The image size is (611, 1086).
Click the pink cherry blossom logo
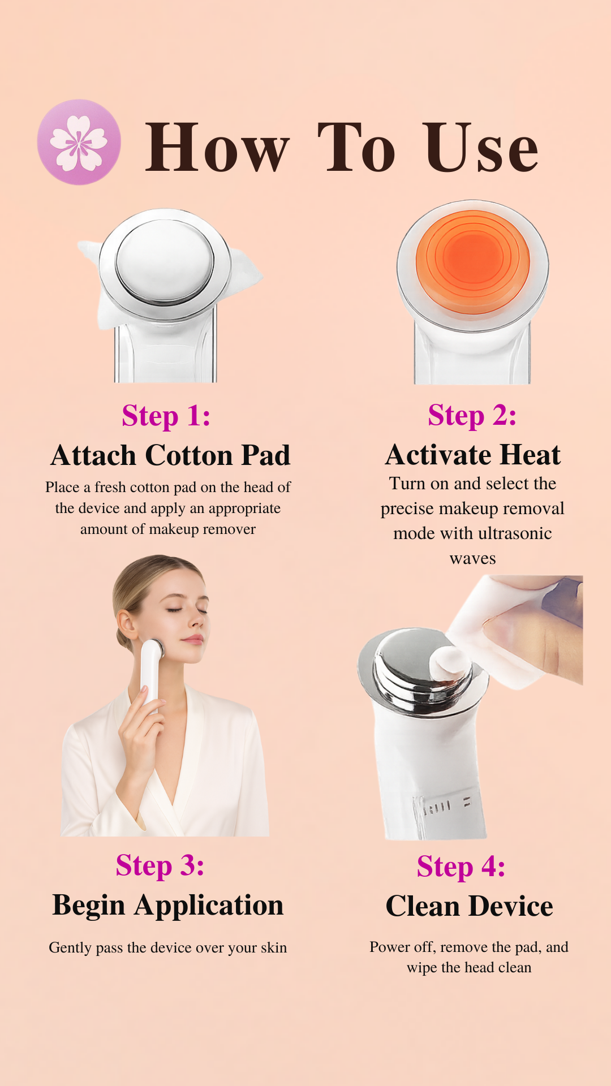(79, 142)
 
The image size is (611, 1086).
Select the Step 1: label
(166, 416)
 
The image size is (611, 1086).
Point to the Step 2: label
(472, 415)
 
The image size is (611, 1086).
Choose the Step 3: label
(160, 865)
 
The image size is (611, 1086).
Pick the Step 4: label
(461, 867)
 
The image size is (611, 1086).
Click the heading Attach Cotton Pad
(170, 455)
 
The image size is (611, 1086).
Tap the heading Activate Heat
(473, 455)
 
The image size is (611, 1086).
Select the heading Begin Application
(168, 906)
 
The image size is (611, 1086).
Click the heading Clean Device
(470, 906)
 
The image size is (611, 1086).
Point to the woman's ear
(126, 624)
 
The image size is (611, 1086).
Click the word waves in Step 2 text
(473, 559)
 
